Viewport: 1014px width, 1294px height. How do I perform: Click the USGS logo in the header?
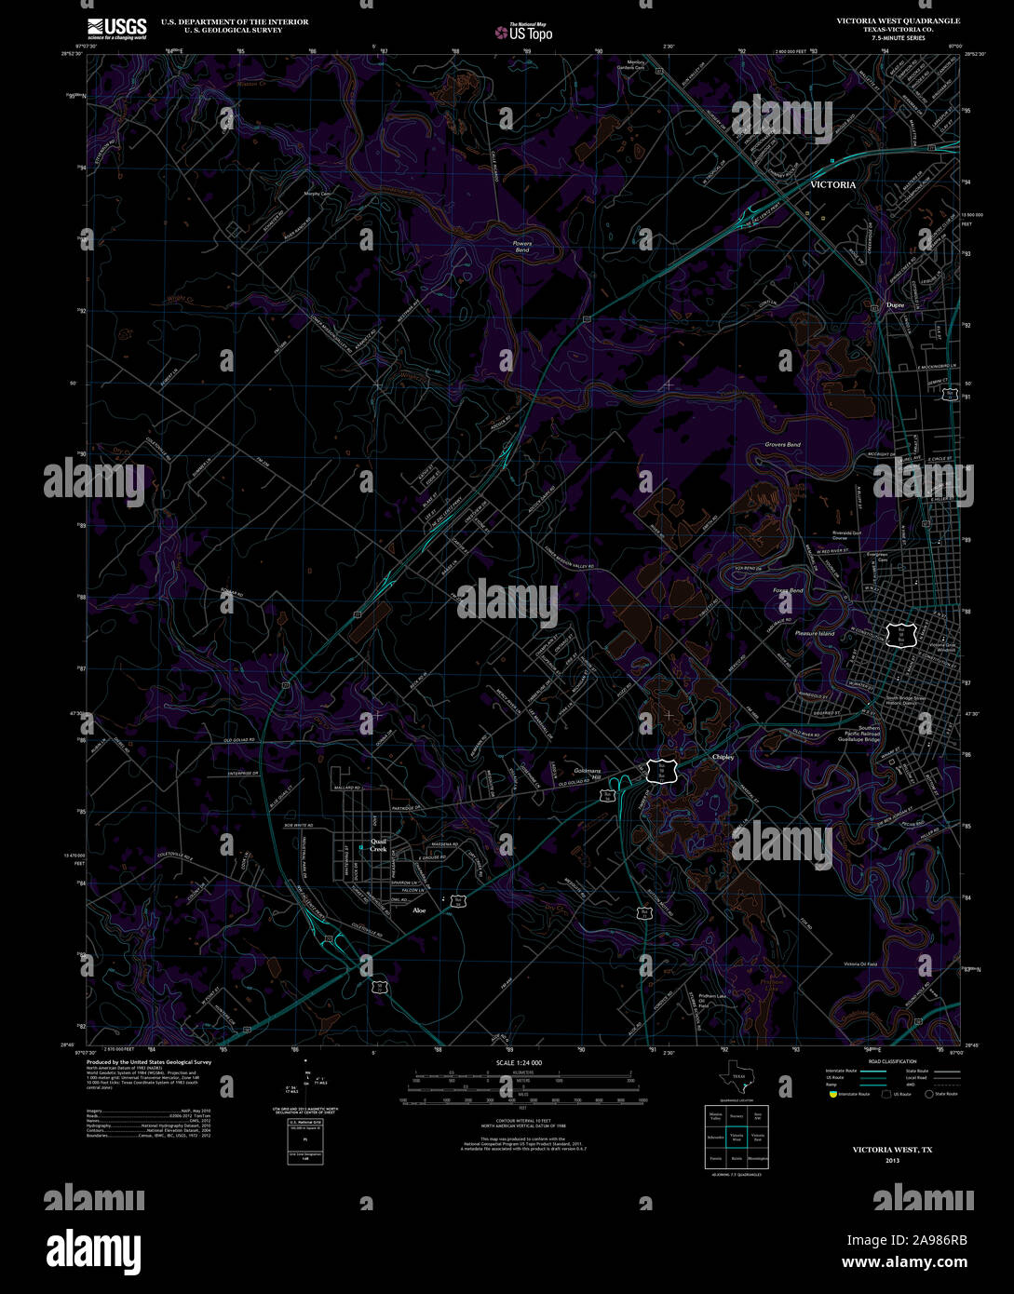[116, 28]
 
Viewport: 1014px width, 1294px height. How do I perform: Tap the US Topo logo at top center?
[523, 32]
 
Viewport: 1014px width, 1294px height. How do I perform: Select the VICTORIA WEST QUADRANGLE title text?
[898, 20]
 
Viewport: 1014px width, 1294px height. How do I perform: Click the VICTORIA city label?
[832, 185]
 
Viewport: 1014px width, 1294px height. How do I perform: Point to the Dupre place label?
[895, 304]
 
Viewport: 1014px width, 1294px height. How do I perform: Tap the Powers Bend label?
[522, 247]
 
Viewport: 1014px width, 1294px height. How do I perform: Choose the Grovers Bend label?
[782, 445]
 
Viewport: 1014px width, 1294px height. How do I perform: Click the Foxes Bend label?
[787, 590]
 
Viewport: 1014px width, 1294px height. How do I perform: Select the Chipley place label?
[723, 757]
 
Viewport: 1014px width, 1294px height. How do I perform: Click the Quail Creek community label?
[377, 844]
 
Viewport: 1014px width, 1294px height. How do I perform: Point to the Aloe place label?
[419, 910]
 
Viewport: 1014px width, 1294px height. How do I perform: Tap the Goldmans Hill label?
[588, 775]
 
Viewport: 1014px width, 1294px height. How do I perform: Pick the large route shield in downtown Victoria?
[901, 636]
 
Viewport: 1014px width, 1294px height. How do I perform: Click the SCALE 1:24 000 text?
[519, 1062]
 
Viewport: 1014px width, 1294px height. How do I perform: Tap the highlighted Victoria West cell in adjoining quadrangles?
[737, 1138]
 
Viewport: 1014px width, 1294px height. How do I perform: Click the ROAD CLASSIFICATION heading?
[891, 1061]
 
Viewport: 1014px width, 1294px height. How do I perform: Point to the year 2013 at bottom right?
[893, 1161]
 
